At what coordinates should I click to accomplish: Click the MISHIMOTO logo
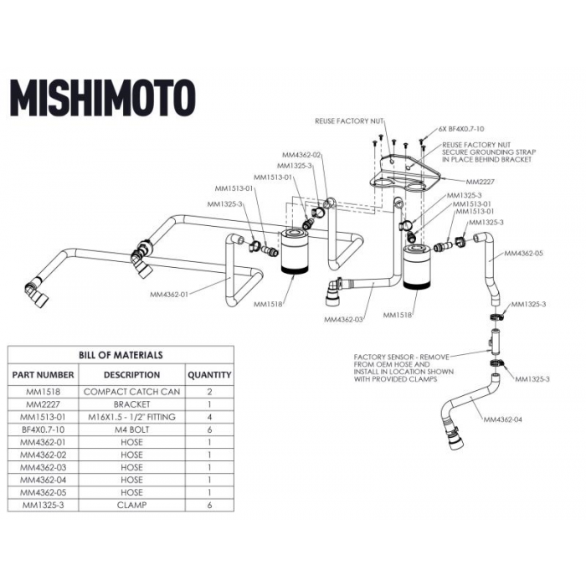(102, 98)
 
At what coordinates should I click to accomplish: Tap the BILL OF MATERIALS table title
(121, 355)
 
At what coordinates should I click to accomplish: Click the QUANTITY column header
(208, 375)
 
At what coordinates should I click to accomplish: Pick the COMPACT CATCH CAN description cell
(132, 391)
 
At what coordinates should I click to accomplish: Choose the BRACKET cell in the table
(132, 404)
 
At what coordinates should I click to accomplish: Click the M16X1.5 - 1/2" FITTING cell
(132, 416)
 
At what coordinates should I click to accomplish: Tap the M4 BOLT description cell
(132, 429)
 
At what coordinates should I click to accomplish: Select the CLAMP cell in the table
(132, 505)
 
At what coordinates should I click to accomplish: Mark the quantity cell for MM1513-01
(208, 416)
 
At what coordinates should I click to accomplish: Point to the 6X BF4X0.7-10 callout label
(461, 130)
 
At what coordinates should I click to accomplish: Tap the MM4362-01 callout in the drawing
(169, 295)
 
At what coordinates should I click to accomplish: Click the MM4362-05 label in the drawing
(523, 252)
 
